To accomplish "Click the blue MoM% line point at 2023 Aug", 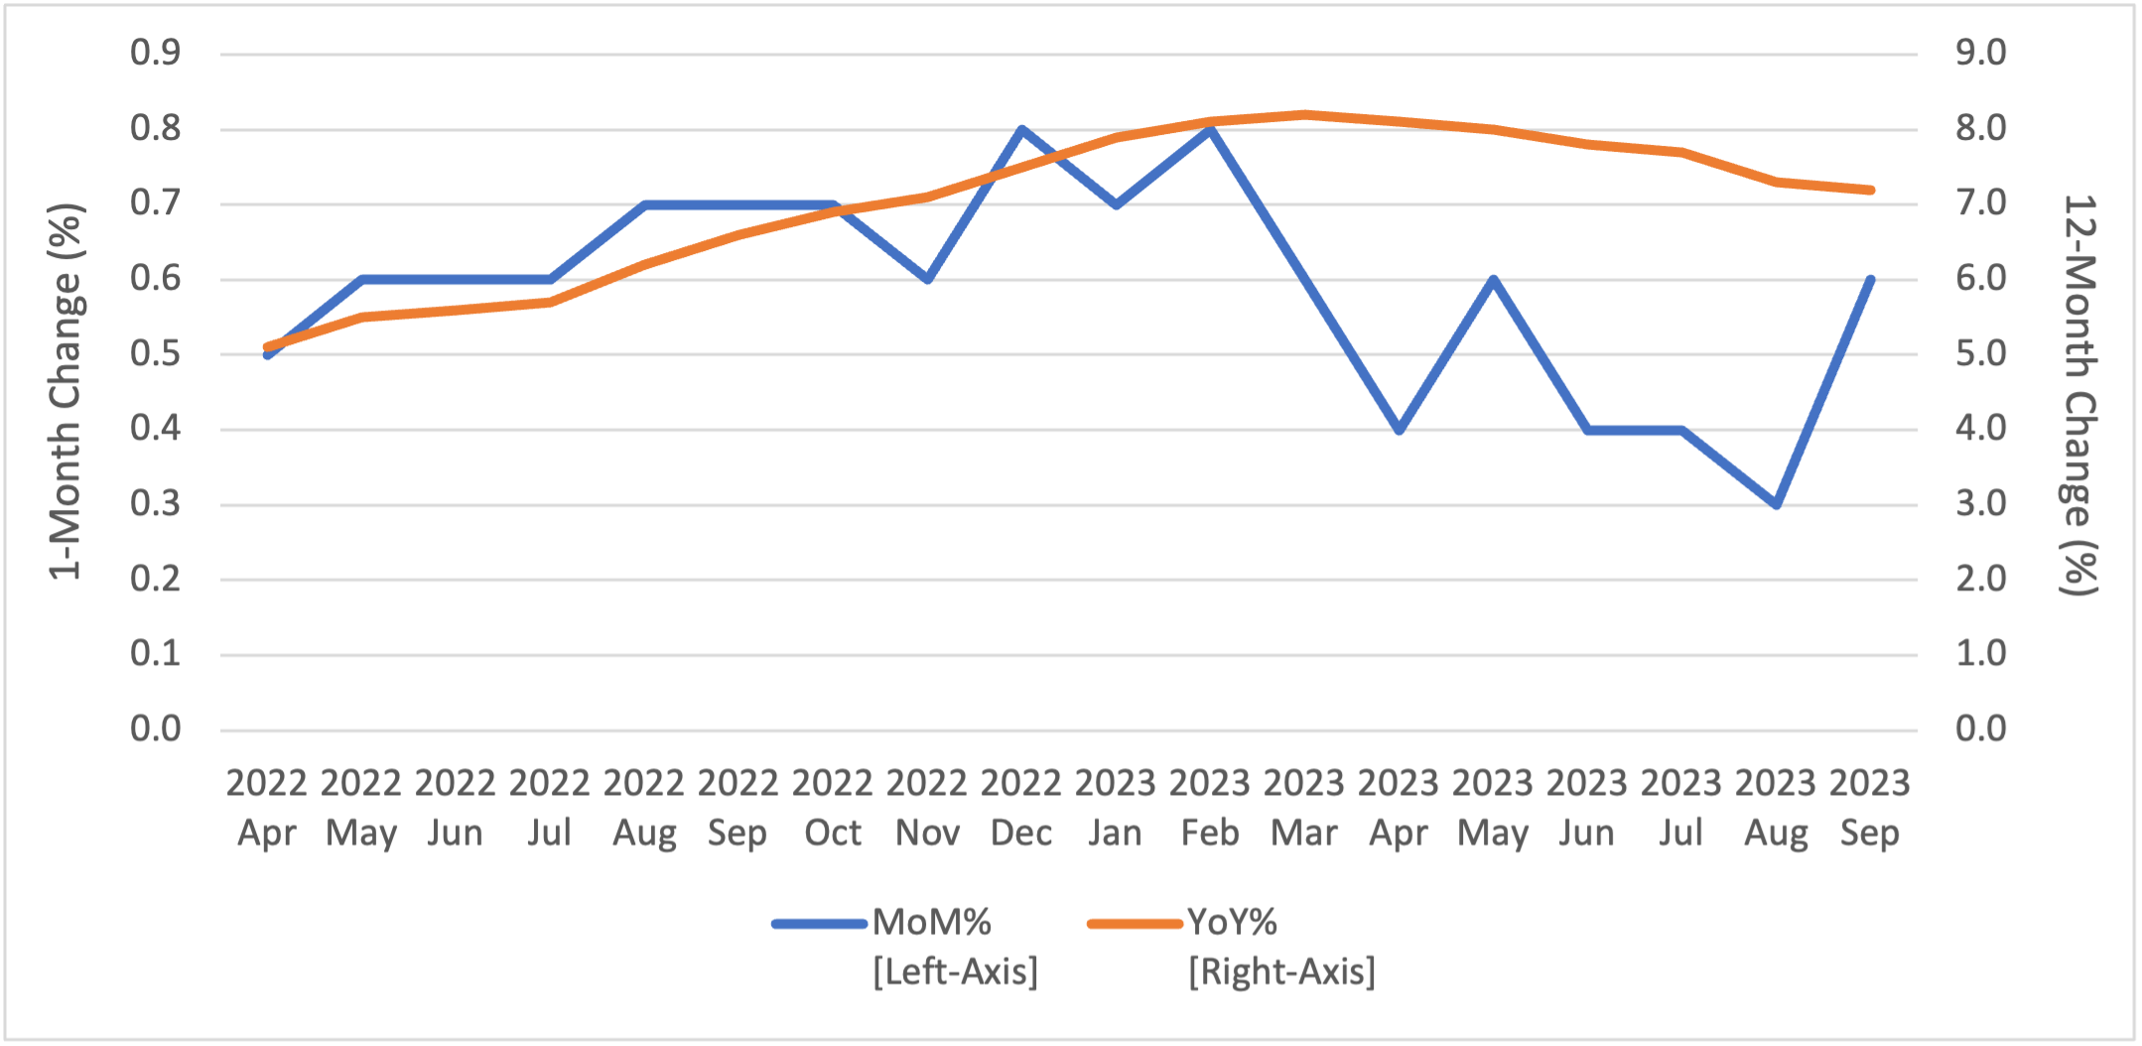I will coord(1776,504).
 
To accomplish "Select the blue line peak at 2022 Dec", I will coord(1021,129).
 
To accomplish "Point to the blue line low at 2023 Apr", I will coord(1399,430).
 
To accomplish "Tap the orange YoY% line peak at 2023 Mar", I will coord(1304,114).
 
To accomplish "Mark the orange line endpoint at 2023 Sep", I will coord(1871,190).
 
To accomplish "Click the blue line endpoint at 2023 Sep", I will coord(1871,280).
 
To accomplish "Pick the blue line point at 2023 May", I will coord(1493,280).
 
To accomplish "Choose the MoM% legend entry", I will coord(931,923).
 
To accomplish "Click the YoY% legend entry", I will coord(1232,923).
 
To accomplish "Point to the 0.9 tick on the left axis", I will coord(156,53).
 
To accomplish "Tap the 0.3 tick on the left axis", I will coord(156,504).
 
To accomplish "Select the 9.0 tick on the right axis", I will coord(1980,53).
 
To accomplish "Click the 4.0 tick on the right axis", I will coord(1980,429).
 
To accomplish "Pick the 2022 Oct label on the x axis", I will coord(832,808).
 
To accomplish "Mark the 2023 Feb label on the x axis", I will coord(1210,808).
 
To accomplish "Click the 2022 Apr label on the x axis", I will coord(266,808).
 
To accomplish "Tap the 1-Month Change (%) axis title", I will coord(67,391).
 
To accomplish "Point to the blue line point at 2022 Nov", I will coord(927,280).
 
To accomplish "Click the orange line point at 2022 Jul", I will coord(550,302).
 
